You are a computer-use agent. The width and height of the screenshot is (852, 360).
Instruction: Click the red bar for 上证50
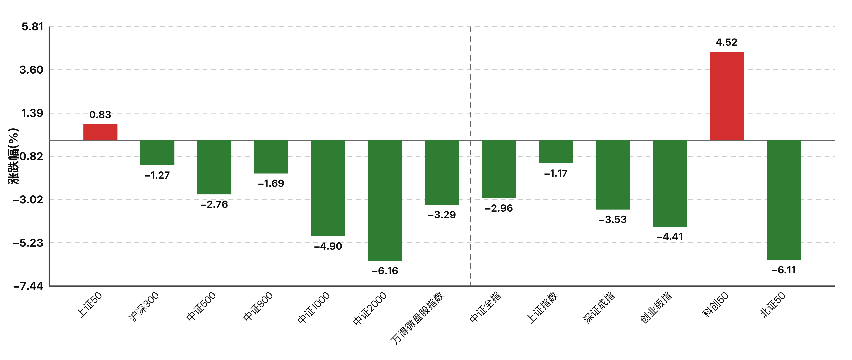point(100,132)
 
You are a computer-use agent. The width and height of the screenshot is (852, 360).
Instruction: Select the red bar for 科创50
point(727,96)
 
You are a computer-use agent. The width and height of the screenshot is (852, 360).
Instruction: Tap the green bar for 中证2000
point(385,201)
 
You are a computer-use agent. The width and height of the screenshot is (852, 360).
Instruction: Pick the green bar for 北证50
point(784,200)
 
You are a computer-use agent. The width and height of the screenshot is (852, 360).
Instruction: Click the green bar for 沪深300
point(157,153)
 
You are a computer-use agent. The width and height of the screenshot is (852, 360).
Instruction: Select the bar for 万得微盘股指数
point(442,172)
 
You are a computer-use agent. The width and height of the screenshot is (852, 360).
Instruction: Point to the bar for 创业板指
point(670,183)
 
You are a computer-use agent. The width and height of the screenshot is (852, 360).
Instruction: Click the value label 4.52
point(727,42)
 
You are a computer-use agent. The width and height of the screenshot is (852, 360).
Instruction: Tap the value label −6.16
point(385,271)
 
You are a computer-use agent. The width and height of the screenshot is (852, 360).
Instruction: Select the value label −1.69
point(271,183)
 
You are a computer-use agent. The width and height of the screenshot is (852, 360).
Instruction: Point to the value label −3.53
point(613,219)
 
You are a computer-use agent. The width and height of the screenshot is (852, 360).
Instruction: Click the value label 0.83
point(100,115)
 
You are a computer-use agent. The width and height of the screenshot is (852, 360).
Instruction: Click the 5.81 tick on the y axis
point(32,27)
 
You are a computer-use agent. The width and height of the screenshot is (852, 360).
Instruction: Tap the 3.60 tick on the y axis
point(31,70)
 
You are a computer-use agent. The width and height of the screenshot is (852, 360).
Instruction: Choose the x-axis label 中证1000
point(314,308)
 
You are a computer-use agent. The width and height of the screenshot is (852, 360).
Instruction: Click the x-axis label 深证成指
point(599,308)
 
